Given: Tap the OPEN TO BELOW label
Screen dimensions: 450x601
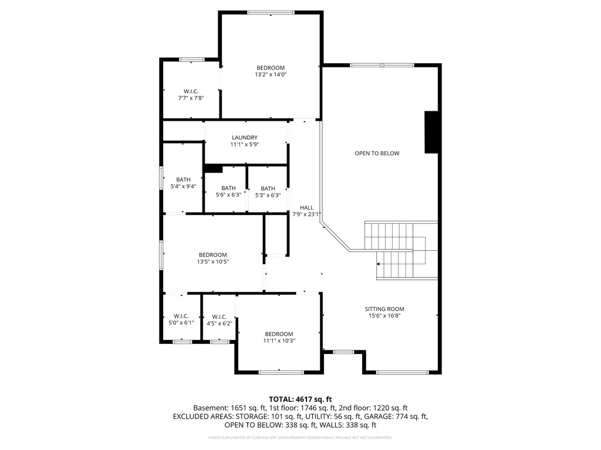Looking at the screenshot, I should [x=377, y=154].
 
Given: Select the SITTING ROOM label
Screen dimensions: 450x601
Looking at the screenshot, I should [x=384, y=309].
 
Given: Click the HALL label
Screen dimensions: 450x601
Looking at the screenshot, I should [x=306, y=207].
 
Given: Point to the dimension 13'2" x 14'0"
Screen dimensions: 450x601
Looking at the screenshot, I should [x=270, y=75].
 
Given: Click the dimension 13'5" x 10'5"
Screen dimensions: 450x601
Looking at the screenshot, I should [x=212, y=262].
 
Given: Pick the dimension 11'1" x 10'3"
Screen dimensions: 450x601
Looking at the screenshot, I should [x=279, y=341].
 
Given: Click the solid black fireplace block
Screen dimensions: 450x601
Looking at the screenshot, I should [x=431, y=132].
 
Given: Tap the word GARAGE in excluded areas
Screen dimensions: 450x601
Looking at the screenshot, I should [x=394, y=417].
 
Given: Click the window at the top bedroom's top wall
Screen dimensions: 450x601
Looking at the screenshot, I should [x=270, y=12].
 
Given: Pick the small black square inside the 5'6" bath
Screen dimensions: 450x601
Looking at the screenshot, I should [x=213, y=169].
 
